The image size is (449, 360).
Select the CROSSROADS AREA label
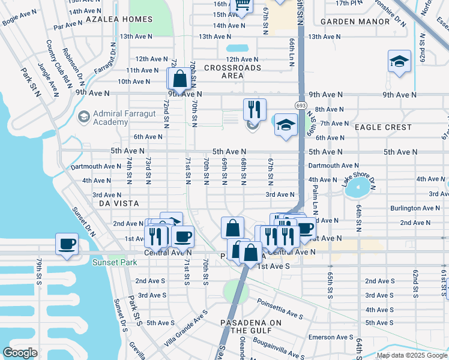coord(232,71)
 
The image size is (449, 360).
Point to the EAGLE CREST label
coord(383,127)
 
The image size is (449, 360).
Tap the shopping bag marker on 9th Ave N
coord(179,79)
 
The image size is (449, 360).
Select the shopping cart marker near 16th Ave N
coord(243,5)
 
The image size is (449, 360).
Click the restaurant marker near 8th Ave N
coord(255,109)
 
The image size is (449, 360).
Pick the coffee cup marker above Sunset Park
coord(67,244)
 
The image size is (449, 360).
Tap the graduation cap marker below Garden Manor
coord(399,62)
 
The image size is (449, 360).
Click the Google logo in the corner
coord(20,353)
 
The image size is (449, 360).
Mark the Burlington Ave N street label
coord(414,208)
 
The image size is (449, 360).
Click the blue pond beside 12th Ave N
coord(237,47)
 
